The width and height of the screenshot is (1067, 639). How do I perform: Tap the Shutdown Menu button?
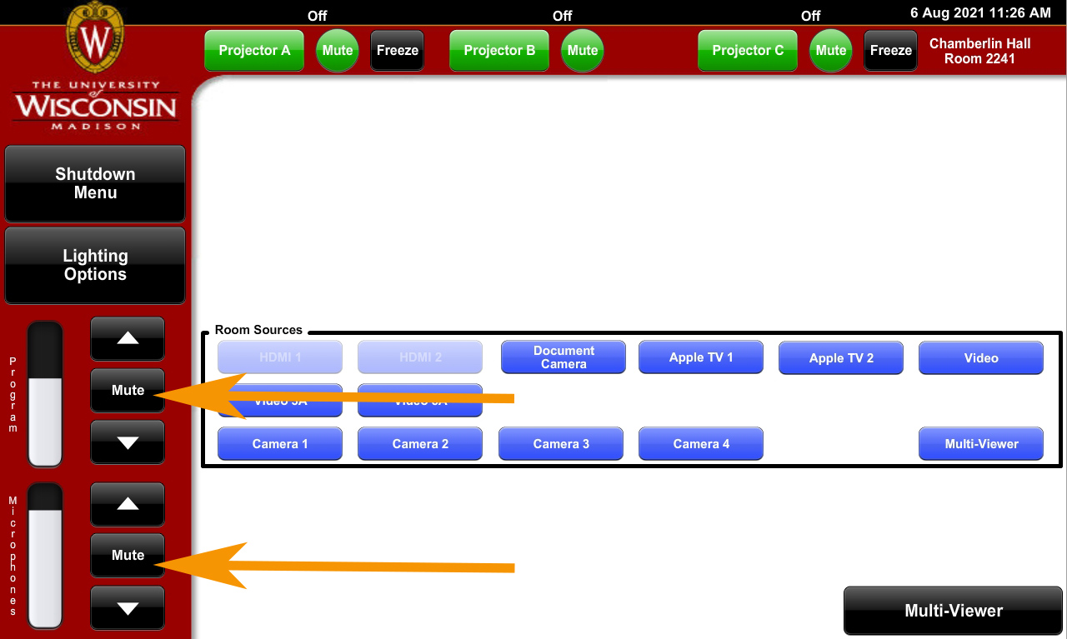click(x=95, y=183)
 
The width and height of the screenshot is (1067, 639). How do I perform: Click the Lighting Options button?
click(x=95, y=265)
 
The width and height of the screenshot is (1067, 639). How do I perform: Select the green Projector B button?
click(x=499, y=50)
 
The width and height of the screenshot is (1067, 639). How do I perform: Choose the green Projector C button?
click(x=748, y=50)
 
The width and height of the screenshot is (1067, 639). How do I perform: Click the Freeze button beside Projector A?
click(x=397, y=50)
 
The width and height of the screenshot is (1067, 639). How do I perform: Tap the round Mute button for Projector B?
click(x=583, y=50)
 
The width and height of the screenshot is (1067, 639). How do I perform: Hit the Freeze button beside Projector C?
click(x=890, y=50)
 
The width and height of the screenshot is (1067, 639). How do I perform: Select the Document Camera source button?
click(x=564, y=357)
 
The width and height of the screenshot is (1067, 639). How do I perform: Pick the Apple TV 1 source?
click(x=701, y=357)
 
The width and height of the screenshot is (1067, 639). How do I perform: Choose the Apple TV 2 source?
click(x=841, y=357)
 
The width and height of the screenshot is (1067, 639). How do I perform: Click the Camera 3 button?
click(x=561, y=444)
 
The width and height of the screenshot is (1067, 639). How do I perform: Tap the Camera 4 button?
click(x=701, y=444)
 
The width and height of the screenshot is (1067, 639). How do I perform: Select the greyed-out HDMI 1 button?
click(x=280, y=357)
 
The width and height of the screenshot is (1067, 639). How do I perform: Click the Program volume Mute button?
click(x=128, y=390)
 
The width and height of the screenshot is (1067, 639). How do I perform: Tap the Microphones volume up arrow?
click(x=128, y=503)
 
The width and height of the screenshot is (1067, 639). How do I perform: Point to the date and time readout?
click(x=980, y=13)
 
